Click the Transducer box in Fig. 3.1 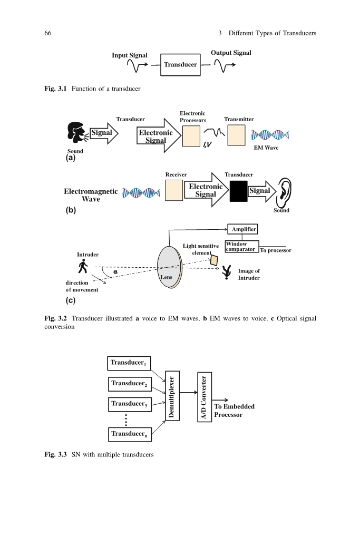pos(180,65)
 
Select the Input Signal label pos(130,55)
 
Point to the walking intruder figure pos(83,267)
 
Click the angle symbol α pos(115,272)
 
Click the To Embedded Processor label pos(234,411)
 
